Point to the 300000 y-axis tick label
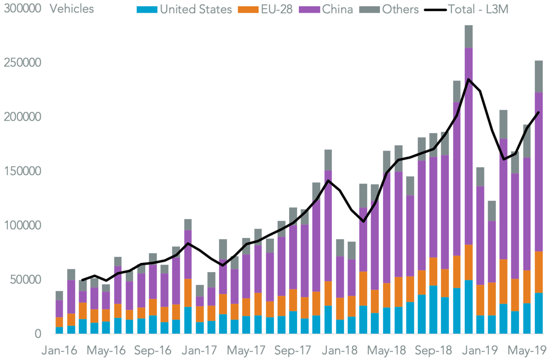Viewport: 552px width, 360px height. pyautogui.click(x=22, y=9)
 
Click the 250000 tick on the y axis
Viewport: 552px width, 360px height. pyautogui.click(x=22, y=63)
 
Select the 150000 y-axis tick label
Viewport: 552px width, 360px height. pyautogui.click(x=22, y=171)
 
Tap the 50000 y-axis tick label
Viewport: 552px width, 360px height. pyautogui.click(x=25, y=279)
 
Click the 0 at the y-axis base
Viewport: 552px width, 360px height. pyautogui.click(x=37, y=334)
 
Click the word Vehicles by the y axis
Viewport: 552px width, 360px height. pyautogui.click(x=72, y=9)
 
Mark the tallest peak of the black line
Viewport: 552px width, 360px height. pyautogui.click(x=468, y=79)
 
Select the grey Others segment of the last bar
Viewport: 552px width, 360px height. pyautogui.click(x=539, y=76)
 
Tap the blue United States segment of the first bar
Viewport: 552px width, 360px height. pyautogui.click(x=59, y=330)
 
